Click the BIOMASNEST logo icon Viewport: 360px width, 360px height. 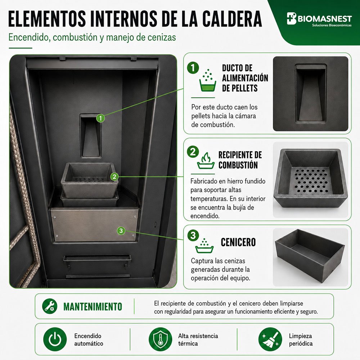[x=292, y=18]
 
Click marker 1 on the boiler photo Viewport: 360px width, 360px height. [x=100, y=118]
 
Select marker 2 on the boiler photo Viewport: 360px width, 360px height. [x=114, y=176]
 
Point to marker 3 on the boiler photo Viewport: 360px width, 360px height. [x=121, y=230]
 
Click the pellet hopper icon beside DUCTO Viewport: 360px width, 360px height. [x=208, y=80]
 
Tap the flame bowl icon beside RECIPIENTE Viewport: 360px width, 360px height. [x=206, y=161]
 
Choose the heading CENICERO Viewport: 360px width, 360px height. [x=238, y=242]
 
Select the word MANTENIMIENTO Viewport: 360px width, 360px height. [x=93, y=307]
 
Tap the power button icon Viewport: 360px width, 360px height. [x=55, y=339]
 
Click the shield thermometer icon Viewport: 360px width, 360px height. [x=160, y=339]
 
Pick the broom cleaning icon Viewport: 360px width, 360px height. [x=270, y=339]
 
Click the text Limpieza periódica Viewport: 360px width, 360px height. [x=301, y=340]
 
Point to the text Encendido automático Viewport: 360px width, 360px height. [x=89, y=340]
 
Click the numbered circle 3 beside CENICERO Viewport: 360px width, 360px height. [x=193, y=235]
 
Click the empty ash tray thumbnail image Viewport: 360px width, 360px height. [x=310, y=257]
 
